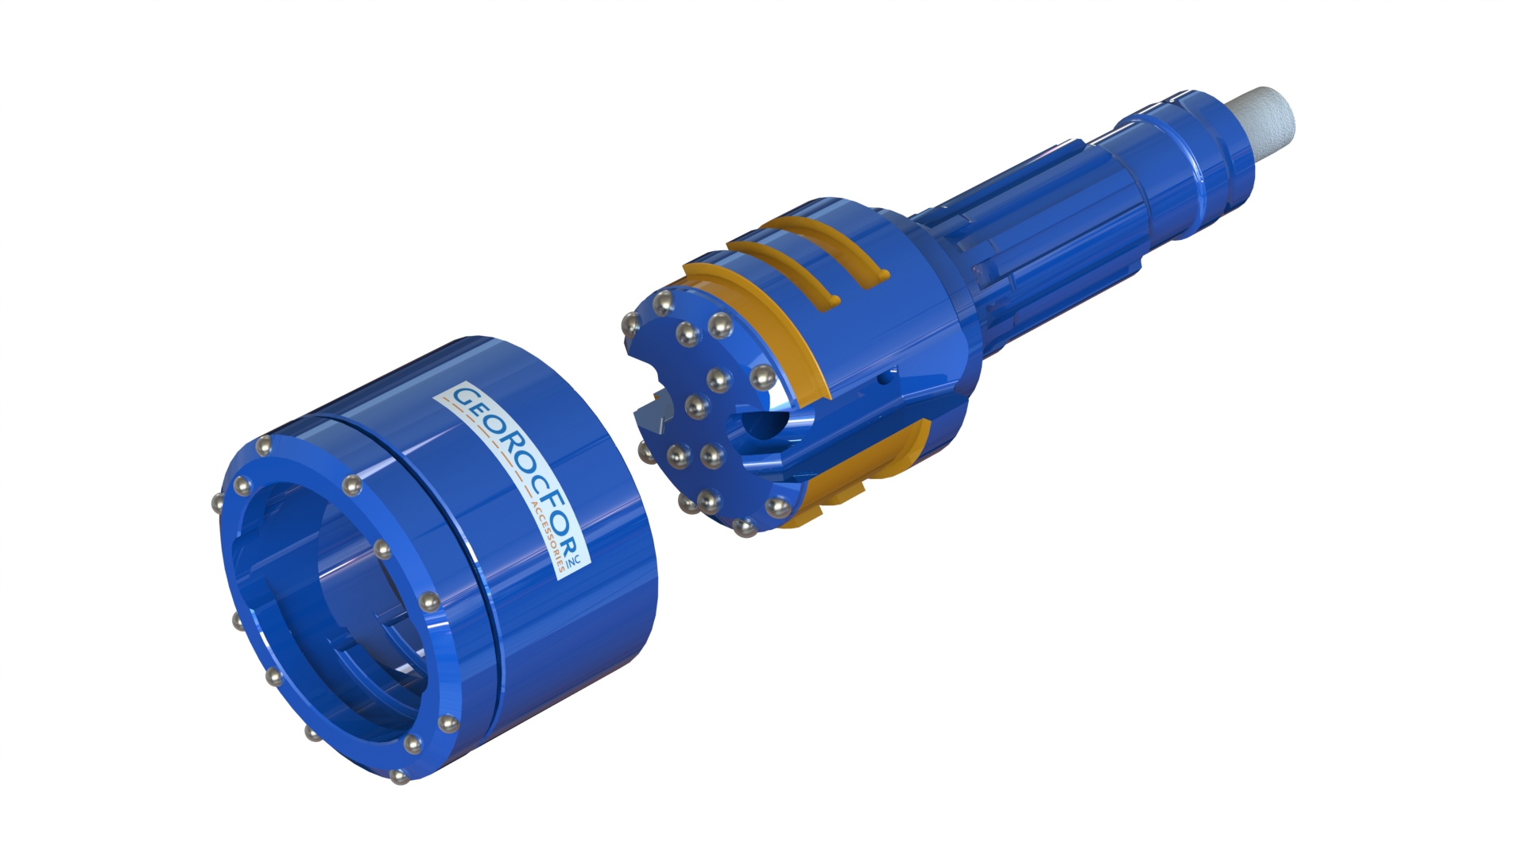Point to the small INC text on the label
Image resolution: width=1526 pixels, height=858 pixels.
[583, 558]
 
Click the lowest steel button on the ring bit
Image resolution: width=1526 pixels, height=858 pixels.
[397, 776]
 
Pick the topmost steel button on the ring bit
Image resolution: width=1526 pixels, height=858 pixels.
[264, 446]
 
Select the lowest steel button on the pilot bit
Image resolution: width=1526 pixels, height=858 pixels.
[745, 527]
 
